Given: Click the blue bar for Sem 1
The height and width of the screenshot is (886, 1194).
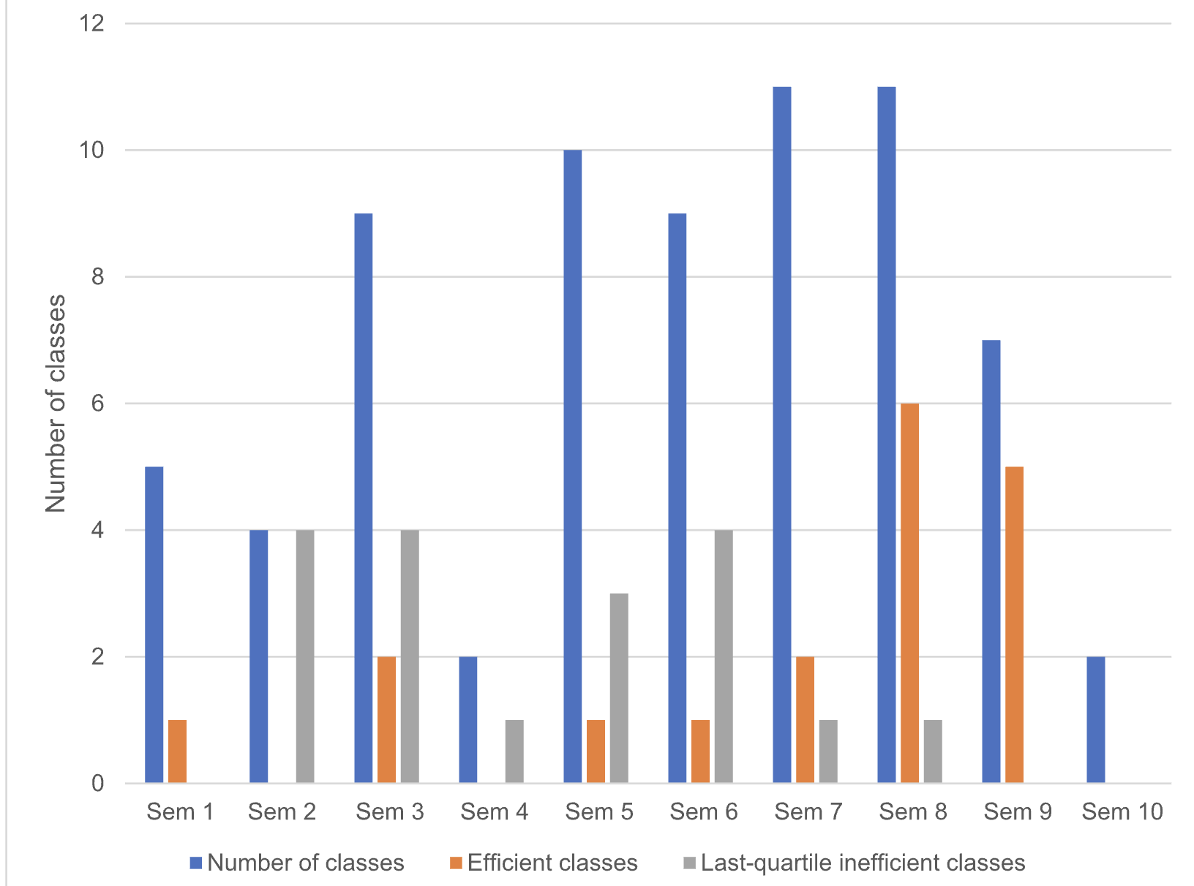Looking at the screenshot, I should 154,625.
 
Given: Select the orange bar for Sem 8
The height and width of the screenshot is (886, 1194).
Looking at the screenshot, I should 909,593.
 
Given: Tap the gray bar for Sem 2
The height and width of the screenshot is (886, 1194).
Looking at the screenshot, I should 305,656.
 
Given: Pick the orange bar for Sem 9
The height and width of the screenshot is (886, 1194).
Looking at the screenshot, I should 1014,625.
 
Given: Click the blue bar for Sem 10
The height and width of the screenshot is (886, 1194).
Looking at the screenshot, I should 1096,720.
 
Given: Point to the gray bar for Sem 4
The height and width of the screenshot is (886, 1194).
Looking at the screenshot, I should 514,751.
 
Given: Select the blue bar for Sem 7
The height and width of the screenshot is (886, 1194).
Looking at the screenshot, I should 782,435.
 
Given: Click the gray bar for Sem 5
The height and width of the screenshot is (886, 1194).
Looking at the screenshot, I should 619,688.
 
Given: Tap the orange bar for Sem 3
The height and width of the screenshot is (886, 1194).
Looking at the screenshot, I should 386,720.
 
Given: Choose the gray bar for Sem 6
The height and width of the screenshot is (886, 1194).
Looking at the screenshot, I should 724,656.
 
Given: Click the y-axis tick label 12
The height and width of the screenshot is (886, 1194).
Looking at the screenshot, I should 91,23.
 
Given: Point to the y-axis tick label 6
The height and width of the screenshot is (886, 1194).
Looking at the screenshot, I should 97,404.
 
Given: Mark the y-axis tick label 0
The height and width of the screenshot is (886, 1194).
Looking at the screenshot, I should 97,783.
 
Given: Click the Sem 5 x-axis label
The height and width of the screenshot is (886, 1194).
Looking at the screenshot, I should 599,811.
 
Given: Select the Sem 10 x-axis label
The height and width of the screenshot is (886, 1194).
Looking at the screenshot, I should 1122,811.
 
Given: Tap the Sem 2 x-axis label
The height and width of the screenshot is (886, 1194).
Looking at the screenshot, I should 282,811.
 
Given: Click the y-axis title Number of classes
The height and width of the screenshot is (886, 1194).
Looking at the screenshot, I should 56,404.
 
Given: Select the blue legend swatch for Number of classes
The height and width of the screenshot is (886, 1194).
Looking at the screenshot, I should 196,863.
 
